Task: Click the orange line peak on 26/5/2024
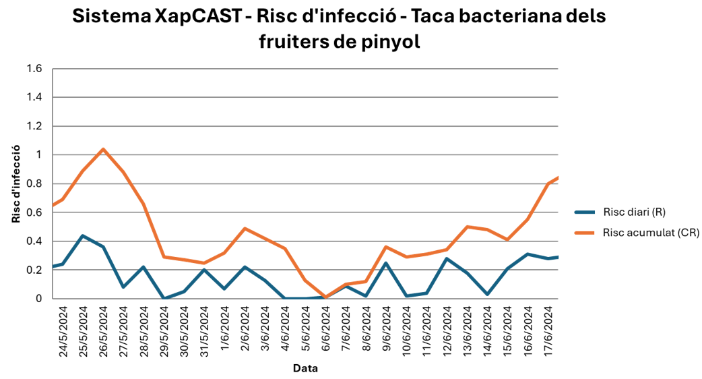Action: tap(103, 149)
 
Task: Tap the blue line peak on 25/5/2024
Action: tap(82, 235)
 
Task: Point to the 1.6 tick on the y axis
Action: tap(34, 69)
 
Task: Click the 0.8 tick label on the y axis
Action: tap(34, 183)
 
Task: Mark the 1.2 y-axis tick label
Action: tap(34, 126)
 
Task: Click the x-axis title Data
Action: tap(305, 368)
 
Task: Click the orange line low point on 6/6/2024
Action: tap(326, 297)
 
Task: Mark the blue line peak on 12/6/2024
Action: tap(447, 258)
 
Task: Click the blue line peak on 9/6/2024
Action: tap(386, 262)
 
